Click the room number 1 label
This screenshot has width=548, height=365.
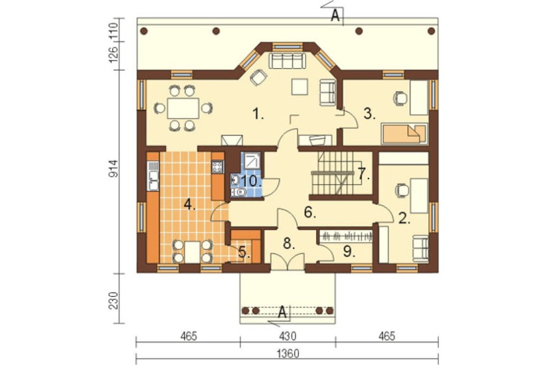pyautogui.click(x=258, y=114)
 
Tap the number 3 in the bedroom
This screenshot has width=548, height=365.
pyautogui.click(x=369, y=114)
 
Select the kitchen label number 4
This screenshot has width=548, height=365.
pyautogui.click(x=189, y=204)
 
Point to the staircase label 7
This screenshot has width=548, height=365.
pyautogui.click(x=363, y=173)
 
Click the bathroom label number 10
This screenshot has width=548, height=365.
pyautogui.click(x=252, y=181)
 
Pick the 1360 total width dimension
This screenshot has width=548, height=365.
pyautogui.click(x=288, y=354)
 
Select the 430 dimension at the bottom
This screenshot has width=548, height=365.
pyautogui.click(x=288, y=337)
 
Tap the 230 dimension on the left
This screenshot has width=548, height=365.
pyautogui.click(x=114, y=300)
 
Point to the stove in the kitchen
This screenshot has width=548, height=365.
pyautogui.click(x=218, y=167)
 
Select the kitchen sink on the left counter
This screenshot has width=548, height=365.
pyautogui.click(x=153, y=175)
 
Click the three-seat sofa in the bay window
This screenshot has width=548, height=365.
pyautogui.click(x=287, y=61)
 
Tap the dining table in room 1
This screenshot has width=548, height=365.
pyautogui.click(x=183, y=109)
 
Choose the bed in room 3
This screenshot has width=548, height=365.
pyautogui.click(x=405, y=133)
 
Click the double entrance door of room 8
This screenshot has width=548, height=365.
pyautogui.click(x=288, y=261)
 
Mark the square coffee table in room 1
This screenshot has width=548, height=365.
pyautogui.click(x=300, y=87)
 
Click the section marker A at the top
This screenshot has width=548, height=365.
pyautogui.click(x=335, y=16)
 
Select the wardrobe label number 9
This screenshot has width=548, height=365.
pyautogui.click(x=348, y=252)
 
